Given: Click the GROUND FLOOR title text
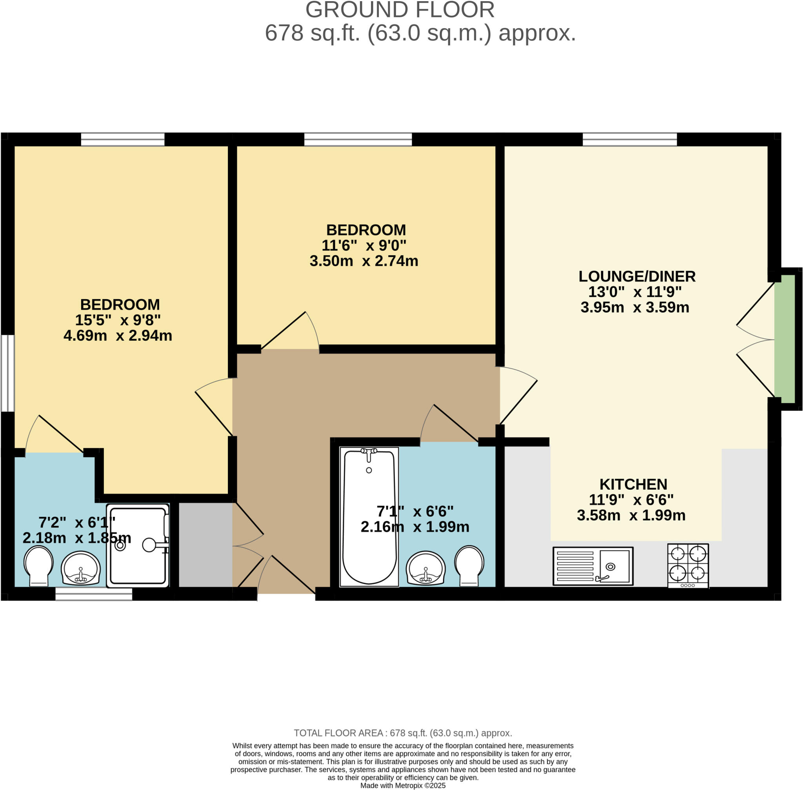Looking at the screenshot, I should point(400,10).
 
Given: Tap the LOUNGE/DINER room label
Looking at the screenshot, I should point(637,276).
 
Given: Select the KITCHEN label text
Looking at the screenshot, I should point(633,484).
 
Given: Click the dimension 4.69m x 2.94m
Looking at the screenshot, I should point(118,335).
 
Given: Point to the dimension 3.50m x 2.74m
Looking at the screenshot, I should point(363,261).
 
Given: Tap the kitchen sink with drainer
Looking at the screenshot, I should point(592,566).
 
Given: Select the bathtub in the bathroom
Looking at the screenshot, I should point(369,517).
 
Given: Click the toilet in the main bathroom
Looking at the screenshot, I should point(469,565).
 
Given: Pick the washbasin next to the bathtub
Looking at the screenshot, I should point(425,568).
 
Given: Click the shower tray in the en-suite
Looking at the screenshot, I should point(138,545).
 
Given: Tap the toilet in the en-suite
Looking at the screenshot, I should point(38,565).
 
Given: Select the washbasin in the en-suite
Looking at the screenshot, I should point(80,568).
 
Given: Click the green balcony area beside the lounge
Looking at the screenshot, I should point(784,339).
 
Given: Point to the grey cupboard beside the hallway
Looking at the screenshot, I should point(205,545).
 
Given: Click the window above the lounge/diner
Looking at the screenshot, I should point(629,140).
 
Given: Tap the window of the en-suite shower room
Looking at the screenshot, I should point(94,594).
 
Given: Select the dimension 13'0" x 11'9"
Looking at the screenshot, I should point(635,292).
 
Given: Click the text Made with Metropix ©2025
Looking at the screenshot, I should point(403,785).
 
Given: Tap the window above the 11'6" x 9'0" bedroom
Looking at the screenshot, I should point(358,140).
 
